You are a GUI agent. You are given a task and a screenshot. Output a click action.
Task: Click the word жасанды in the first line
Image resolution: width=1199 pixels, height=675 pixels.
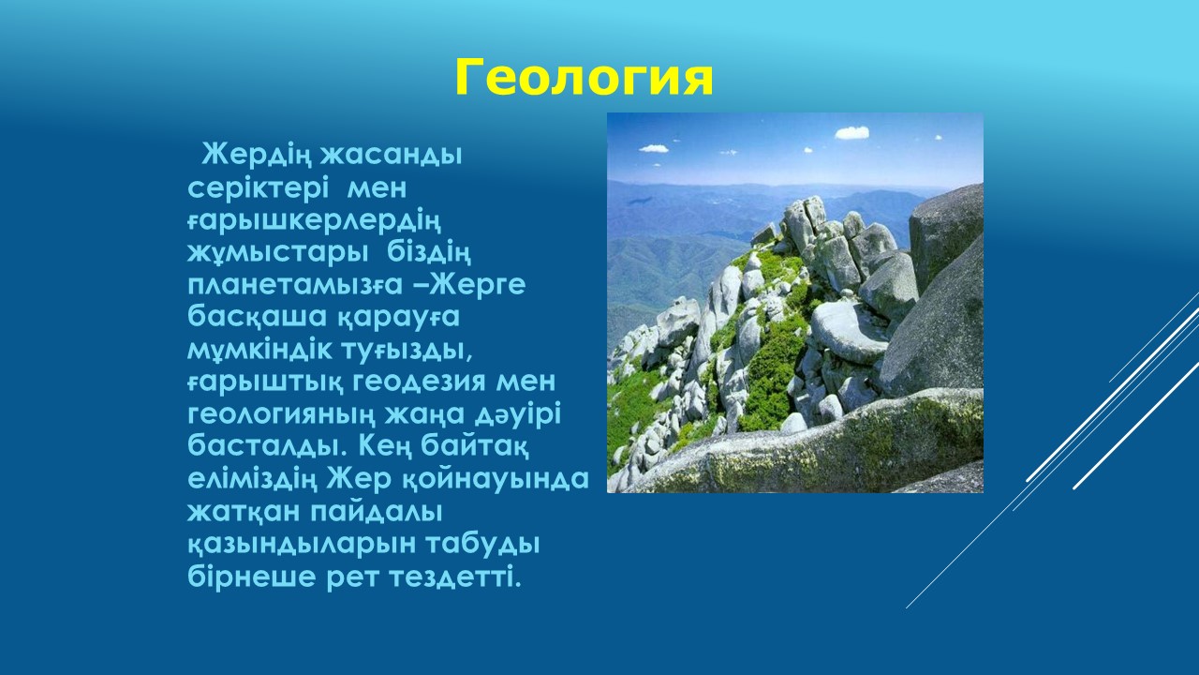(391, 156)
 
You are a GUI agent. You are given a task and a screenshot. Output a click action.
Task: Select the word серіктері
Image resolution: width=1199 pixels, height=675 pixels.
(258, 188)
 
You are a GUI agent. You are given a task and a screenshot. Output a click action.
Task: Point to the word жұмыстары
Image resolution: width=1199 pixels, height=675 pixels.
(278, 254)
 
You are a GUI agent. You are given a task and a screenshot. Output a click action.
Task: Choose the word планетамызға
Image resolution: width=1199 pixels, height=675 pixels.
(295, 286)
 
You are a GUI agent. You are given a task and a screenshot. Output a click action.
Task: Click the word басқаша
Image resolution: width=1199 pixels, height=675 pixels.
(258, 317)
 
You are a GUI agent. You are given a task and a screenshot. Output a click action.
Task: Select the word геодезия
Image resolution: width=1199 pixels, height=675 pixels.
(420, 382)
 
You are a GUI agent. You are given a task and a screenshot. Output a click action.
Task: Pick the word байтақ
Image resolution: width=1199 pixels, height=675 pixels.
(475, 447)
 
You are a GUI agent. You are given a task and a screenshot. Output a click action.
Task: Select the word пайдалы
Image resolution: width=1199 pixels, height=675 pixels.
(377, 511)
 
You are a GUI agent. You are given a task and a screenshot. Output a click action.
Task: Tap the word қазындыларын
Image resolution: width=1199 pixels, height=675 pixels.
(302, 545)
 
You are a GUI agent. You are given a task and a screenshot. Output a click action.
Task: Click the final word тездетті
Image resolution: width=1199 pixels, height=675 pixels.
(455, 577)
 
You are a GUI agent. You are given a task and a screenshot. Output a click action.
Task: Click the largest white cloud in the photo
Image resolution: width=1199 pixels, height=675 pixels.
(852, 132)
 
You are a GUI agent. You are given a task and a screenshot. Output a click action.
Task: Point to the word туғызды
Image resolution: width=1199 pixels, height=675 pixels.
(407, 351)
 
